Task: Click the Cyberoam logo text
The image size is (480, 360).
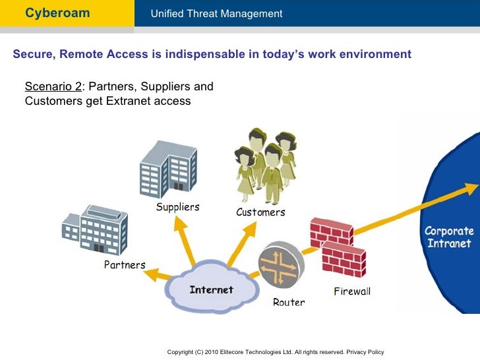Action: (57, 13)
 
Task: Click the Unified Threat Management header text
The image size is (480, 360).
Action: (216, 14)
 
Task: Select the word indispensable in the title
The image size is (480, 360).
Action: (206, 54)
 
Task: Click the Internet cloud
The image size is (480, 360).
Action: (211, 290)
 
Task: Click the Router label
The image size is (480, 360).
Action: (289, 303)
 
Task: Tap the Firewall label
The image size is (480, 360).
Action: (351, 291)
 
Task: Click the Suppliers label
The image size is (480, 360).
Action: (177, 207)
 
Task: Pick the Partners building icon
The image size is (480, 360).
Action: (95, 224)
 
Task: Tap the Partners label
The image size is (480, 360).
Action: (125, 265)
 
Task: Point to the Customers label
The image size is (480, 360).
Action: (260, 212)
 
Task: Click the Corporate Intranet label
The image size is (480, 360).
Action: (448, 237)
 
